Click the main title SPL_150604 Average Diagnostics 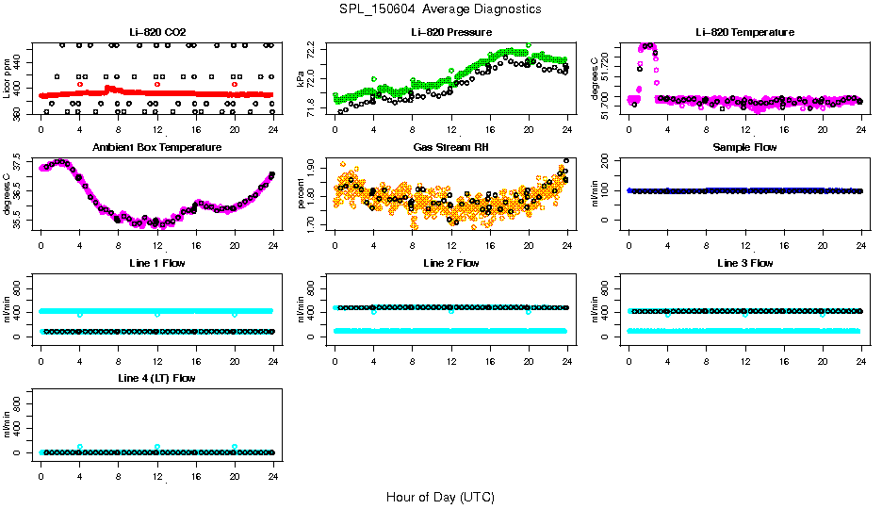[x=441, y=8]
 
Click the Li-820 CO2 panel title [x=156, y=32]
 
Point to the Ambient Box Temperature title [x=156, y=147]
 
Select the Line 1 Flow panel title [x=156, y=263]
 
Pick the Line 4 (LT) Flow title [x=156, y=378]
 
